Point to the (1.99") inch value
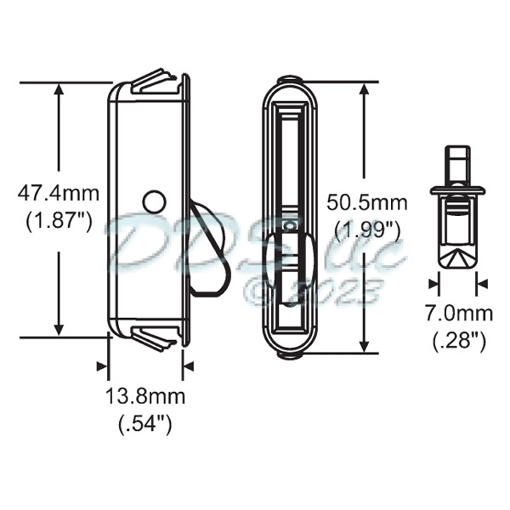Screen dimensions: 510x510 coord(367,230)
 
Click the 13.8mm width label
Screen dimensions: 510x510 coord(145,395)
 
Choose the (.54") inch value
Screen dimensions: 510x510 coord(145,424)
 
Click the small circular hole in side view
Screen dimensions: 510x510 coord(154,201)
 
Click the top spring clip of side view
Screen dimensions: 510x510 coord(158,82)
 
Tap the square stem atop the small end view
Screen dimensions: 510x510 coord(458,159)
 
